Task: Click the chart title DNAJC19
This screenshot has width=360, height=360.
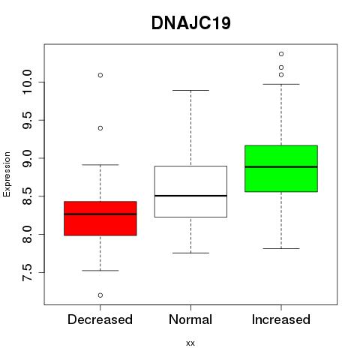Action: tap(191, 23)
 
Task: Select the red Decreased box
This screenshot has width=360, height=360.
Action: tap(100, 218)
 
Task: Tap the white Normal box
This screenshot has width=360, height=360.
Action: tap(190, 191)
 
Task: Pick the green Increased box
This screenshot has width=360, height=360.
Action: tap(281, 169)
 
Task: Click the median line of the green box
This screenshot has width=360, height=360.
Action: tap(281, 166)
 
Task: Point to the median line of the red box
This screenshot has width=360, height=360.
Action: tap(100, 214)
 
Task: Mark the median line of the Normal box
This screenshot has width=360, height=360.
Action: tap(190, 196)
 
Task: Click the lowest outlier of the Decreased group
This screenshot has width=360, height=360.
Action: tap(100, 295)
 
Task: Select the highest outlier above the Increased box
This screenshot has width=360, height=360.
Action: tap(281, 54)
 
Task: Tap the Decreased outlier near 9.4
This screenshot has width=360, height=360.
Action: tap(100, 128)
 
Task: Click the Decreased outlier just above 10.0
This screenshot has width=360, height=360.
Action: tap(100, 75)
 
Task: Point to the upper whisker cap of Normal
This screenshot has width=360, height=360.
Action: tap(190, 90)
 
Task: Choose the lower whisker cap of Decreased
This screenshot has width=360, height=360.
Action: tap(100, 271)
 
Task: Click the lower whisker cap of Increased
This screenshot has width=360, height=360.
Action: tap(281, 248)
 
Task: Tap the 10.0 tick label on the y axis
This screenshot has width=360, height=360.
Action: tap(27, 82)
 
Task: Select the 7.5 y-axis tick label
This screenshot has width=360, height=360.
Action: tap(27, 272)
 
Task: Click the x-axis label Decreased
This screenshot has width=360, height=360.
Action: tap(100, 319)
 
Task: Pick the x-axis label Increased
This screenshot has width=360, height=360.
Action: tap(281, 319)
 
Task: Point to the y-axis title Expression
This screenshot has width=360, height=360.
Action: tap(7, 174)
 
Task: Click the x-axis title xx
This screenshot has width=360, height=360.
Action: tap(190, 343)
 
